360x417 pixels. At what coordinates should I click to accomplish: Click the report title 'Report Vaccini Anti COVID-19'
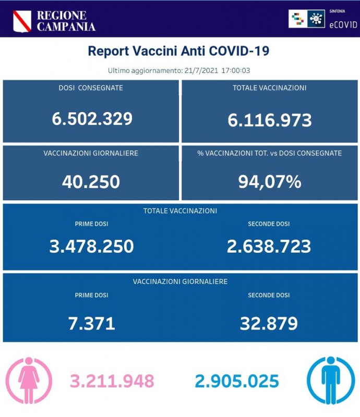[179, 51]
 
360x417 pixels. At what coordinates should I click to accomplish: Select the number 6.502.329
[92, 119]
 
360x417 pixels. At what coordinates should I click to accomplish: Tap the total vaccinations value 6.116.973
[270, 120]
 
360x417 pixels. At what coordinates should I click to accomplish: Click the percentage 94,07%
[270, 181]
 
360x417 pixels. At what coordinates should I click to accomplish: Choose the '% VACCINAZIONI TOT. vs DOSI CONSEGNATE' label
[270, 153]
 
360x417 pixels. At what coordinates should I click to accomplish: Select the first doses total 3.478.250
[91, 246]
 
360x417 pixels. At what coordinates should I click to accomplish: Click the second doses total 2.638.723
[269, 246]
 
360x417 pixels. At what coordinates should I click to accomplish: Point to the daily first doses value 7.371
[91, 324]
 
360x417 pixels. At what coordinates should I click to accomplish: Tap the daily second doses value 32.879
[269, 324]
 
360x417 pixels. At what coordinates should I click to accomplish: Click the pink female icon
[29, 381]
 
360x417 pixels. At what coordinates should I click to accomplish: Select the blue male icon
[330, 381]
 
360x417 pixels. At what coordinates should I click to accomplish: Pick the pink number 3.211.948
[112, 381]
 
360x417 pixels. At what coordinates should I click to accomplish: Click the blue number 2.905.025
[237, 381]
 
